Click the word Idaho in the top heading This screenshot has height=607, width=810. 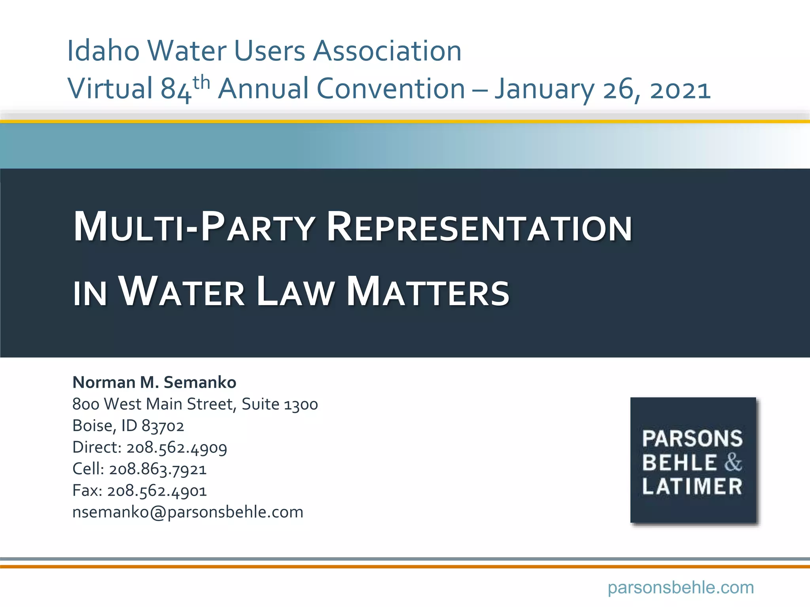103,51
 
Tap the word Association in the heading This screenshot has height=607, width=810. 387,51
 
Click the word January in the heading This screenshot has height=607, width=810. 544,89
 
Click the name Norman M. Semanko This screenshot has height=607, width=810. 154,383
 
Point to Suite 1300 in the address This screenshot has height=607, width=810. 280,404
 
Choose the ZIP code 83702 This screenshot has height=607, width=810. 163,426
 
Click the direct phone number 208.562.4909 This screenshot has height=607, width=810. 177,448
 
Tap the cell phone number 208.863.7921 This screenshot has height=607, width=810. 158,469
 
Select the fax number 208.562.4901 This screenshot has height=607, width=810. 157,491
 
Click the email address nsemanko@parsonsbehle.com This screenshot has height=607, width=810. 188,513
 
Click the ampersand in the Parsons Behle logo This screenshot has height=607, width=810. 733,462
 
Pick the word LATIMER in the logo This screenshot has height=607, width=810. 692,486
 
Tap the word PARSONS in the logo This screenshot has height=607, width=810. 692,438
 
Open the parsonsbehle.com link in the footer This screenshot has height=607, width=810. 681,588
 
